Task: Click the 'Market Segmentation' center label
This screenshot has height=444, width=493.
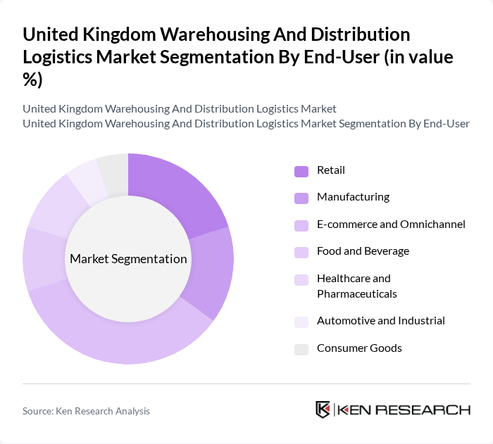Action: (128, 259)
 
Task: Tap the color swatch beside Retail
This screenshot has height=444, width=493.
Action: (301, 171)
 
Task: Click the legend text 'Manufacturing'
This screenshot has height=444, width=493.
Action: (353, 197)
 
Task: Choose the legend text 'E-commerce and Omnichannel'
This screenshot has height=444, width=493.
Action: (391, 224)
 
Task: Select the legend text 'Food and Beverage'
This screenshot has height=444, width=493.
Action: (363, 251)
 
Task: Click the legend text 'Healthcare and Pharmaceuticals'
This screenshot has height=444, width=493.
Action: (356, 286)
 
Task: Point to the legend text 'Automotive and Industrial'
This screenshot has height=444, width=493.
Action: (380, 321)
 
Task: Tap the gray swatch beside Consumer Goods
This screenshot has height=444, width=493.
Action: (301, 349)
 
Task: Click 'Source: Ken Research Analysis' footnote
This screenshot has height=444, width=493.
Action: (86, 411)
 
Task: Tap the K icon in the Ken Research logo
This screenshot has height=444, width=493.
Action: (323, 410)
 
